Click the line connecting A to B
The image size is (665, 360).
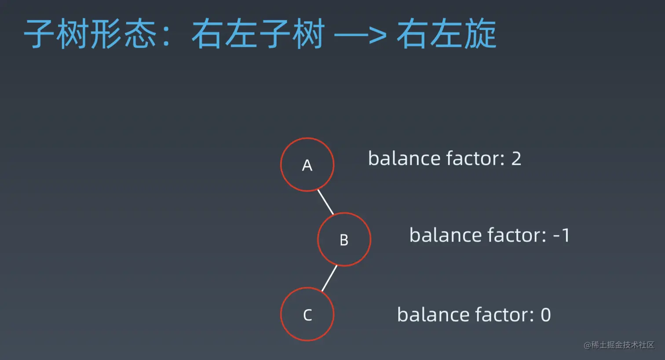325,202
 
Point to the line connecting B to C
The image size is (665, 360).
329,278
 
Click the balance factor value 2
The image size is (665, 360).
516,159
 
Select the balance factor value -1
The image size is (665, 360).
561,236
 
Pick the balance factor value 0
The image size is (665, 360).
546,315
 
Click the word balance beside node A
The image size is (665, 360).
404,158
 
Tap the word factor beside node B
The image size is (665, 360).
517,235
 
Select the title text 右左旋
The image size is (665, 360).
446,33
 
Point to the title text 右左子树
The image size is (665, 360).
258,33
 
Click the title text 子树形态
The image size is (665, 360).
90,33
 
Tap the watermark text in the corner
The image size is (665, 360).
619,345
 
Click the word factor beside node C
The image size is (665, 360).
505,315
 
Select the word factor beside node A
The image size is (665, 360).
475,158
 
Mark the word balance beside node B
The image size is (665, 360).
445,235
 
